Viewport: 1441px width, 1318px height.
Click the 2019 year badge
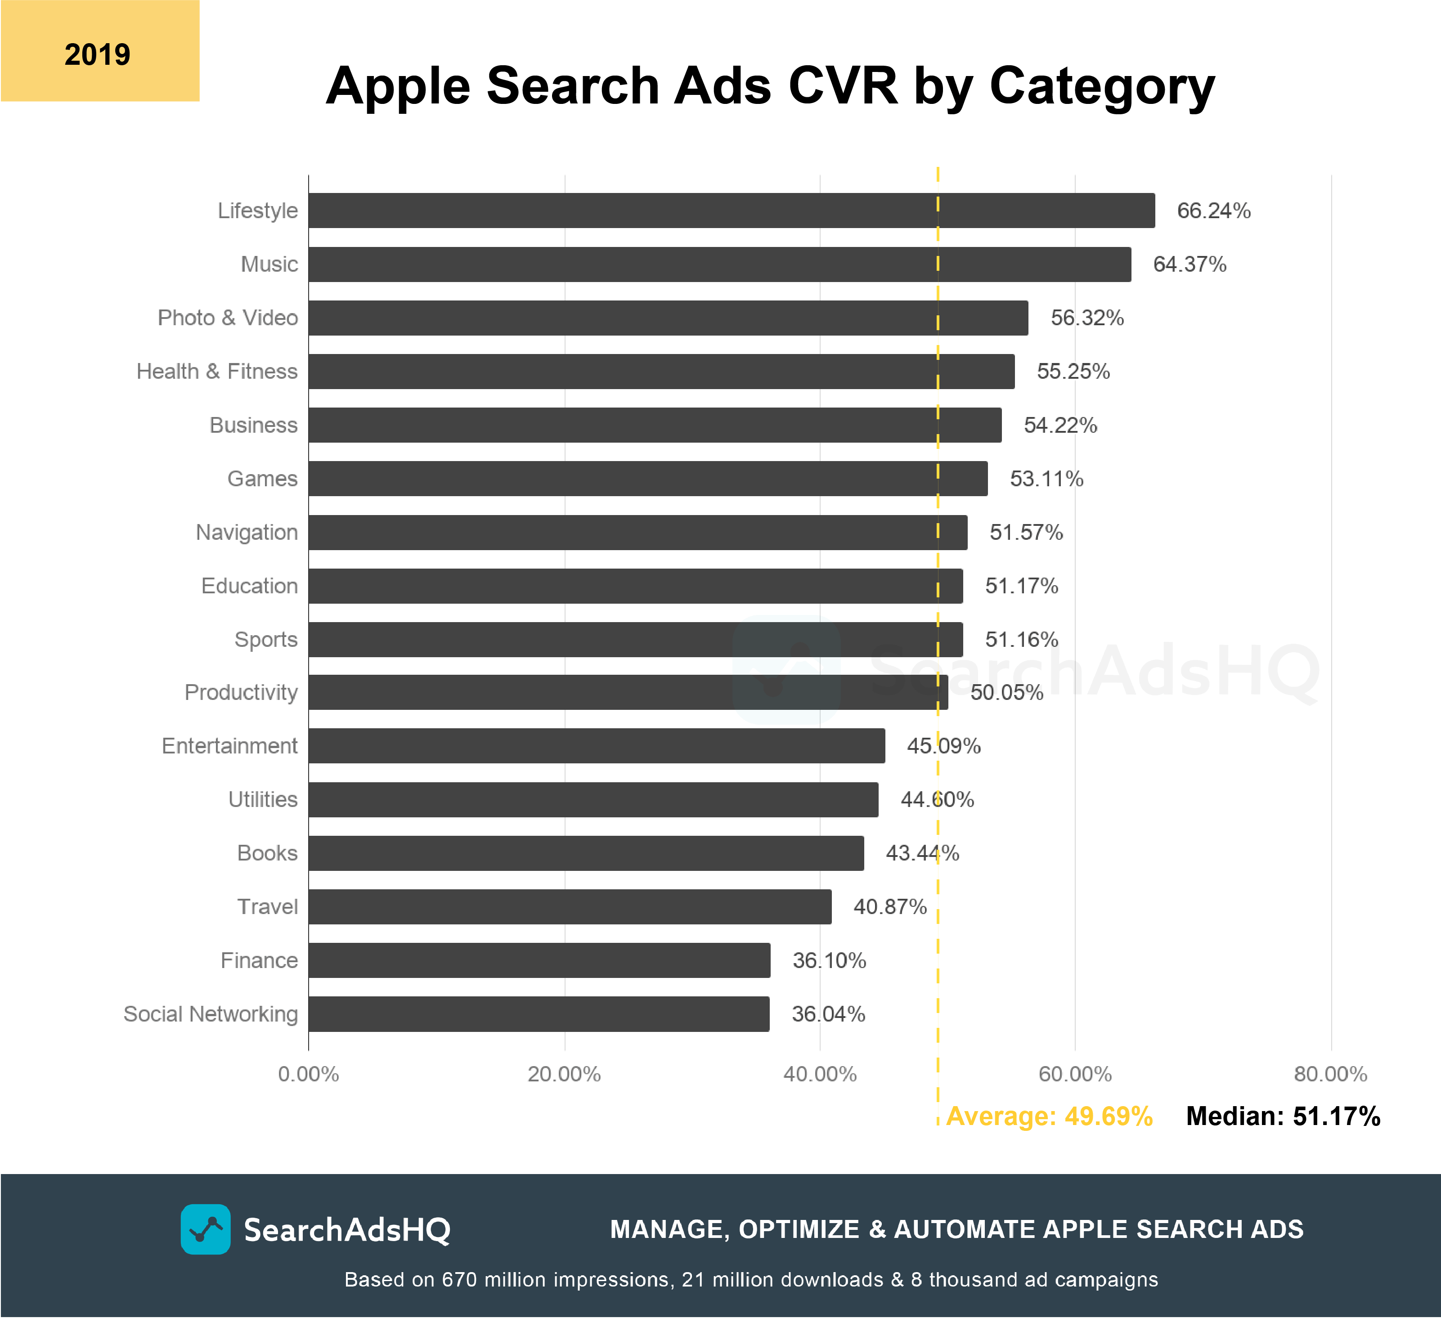pyautogui.click(x=99, y=51)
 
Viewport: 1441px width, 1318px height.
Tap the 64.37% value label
pyautogui.click(x=1190, y=264)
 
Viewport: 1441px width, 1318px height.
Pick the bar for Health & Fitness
pyautogui.click(x=661, y=371)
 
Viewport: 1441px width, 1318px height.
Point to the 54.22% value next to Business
pyautogui.click(x=1060, y=425)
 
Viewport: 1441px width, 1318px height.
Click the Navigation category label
pyautogui.click(x=247, y=533)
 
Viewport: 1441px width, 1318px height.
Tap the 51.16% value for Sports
pyautogui.click(x=1021, y=639)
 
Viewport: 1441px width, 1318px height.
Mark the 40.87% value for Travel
pyautogui.click(x=890, y=906)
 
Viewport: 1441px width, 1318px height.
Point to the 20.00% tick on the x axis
pyautogui.click(x=564, y=1074)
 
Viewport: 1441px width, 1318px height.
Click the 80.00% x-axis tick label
pyautogui.click(x=1330, y=1074)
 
